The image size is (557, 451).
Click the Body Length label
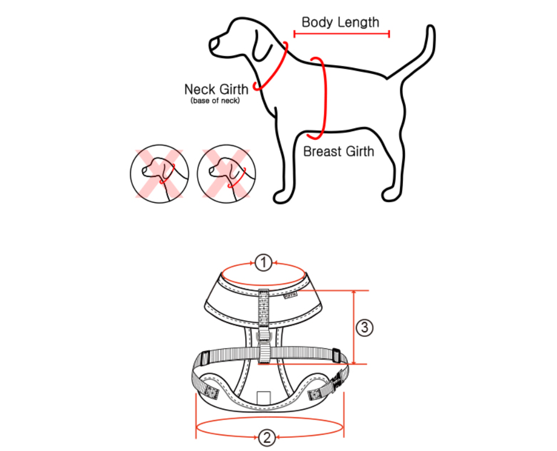click(340, 22)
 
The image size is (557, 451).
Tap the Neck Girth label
click(216, 89)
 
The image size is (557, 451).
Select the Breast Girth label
click(339, 152)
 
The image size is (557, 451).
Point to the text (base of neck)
click(215, 100)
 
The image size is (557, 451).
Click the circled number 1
click(263, 263)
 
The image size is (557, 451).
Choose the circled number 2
click(266, 437)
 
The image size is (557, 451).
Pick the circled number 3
click(364, 327)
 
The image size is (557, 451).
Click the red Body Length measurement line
click(342, 34)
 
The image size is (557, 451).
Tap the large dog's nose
click(214, 44)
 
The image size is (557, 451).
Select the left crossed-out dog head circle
click(159, 174)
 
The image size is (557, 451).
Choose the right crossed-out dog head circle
click(226, 174)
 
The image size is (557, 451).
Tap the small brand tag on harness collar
click(291, 295)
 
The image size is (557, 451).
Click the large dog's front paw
click(282, 197)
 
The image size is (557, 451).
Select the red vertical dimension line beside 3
click(354, 327)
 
